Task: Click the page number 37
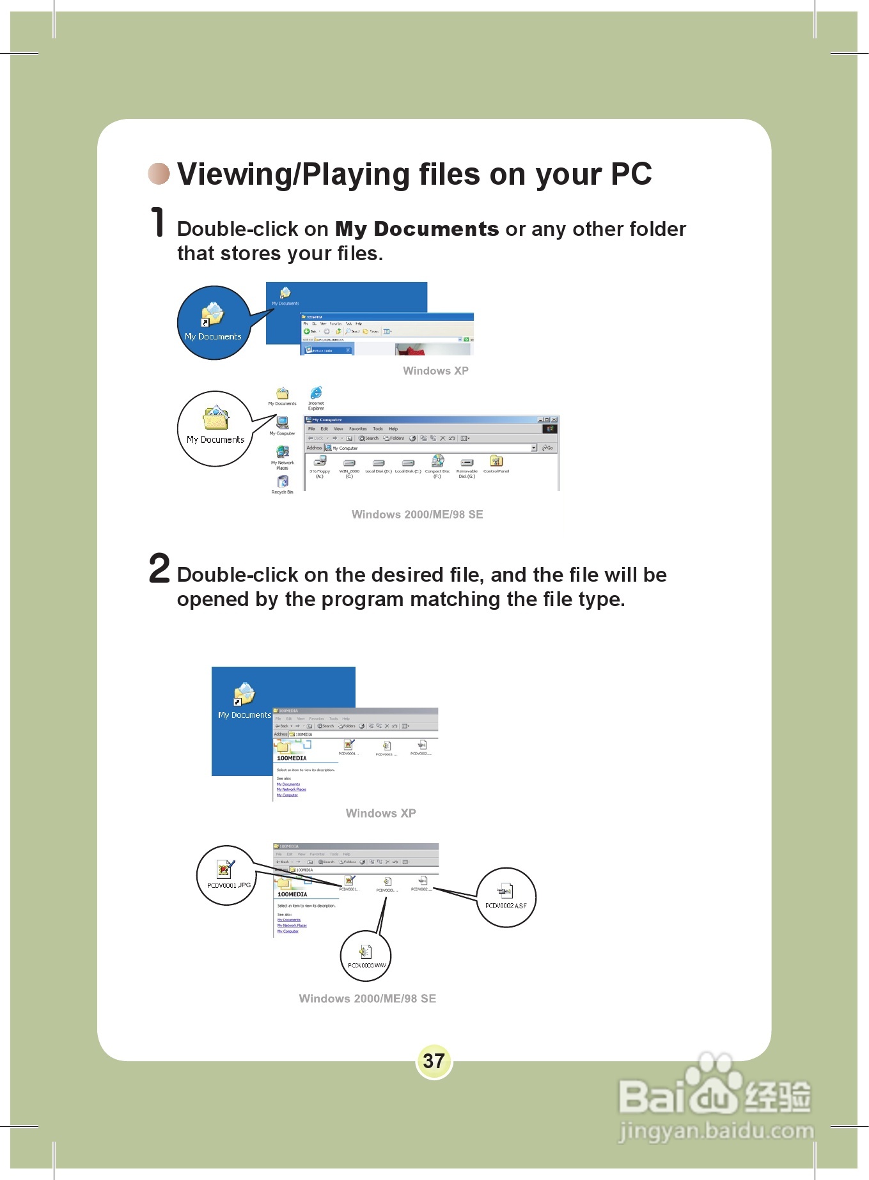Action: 434,1061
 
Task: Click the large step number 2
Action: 159,568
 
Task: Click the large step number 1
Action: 157,222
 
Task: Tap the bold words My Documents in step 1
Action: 416,229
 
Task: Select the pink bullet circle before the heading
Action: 159,173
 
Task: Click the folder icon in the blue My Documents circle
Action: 212,314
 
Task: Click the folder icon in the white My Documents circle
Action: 215,418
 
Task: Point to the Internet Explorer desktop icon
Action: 316,393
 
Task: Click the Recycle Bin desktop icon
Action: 283,482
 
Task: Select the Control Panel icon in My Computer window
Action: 496,462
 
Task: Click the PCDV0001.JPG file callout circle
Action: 227,875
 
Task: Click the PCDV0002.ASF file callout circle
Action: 506,896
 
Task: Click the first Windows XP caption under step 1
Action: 435,371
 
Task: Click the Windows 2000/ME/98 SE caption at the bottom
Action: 367,998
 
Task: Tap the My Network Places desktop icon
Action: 282,452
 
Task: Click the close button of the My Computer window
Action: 554,419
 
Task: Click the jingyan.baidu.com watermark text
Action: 716,1131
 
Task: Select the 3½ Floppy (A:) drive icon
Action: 320,462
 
